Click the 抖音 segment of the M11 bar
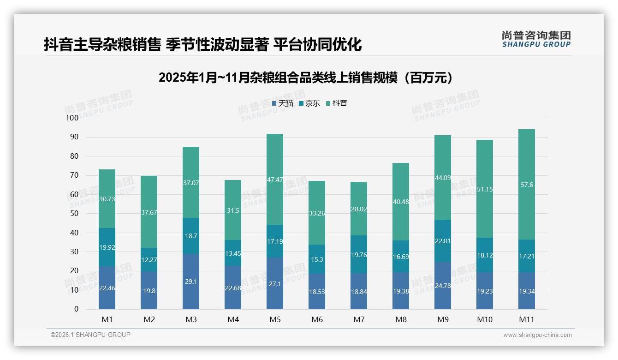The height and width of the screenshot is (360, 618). click(x=526, y=184)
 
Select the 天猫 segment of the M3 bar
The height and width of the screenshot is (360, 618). click(x=191, y=281)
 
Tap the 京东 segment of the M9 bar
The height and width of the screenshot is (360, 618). click(x=443, y=241)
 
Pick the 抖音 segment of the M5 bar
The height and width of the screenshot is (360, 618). click(x=275, y=179)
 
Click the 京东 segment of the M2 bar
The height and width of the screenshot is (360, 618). click(x=149, y=259)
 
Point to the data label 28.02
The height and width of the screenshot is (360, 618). click(x=359, y=209)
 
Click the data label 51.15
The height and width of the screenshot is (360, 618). click(x=485, y=189)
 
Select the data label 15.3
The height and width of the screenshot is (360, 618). click(x=317, y=259)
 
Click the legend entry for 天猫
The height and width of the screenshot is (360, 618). click(x=283, y=103)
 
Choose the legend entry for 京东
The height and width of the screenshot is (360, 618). click(x=309, y=103)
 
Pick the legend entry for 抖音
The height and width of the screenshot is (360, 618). click(x=337, y=103)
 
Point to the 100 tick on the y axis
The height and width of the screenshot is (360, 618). click(x=72, y=118)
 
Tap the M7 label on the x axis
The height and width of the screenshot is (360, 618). click(x=359, y=319)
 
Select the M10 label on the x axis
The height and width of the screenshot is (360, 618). click(x=485, y=319)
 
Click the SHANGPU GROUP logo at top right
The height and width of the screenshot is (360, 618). click(x=536, y=39)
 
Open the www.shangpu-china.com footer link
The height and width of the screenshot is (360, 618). click(x=537, y=335)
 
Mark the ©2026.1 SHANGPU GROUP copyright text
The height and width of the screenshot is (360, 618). click(x=90, y=335)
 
